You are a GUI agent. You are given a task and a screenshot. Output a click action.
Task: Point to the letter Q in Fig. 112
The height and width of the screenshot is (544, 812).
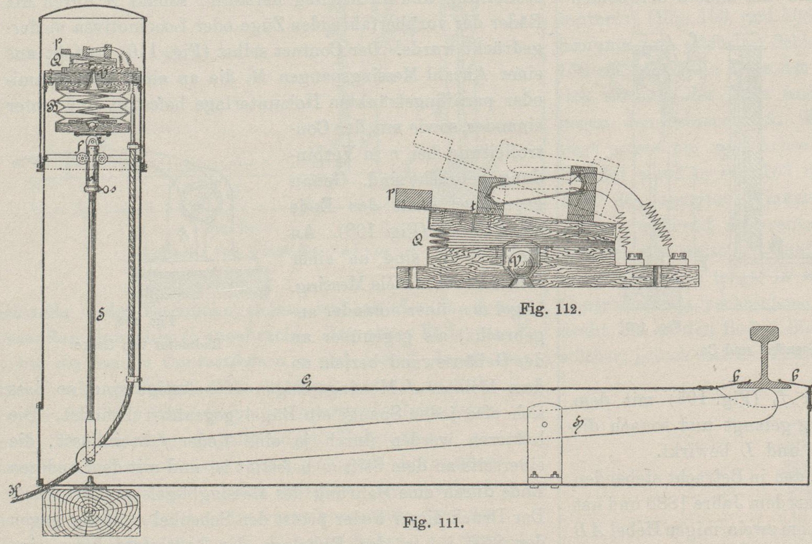pos(418,241)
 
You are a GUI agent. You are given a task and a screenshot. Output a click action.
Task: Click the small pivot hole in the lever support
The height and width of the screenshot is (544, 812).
pos(545,425)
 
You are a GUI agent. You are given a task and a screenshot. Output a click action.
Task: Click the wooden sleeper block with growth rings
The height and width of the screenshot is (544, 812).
pos(91,512)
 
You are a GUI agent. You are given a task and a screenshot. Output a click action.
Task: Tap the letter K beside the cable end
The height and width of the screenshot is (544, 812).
pos(13,492)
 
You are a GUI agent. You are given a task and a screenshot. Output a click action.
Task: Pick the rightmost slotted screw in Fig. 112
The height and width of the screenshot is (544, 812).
pos(676,258)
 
